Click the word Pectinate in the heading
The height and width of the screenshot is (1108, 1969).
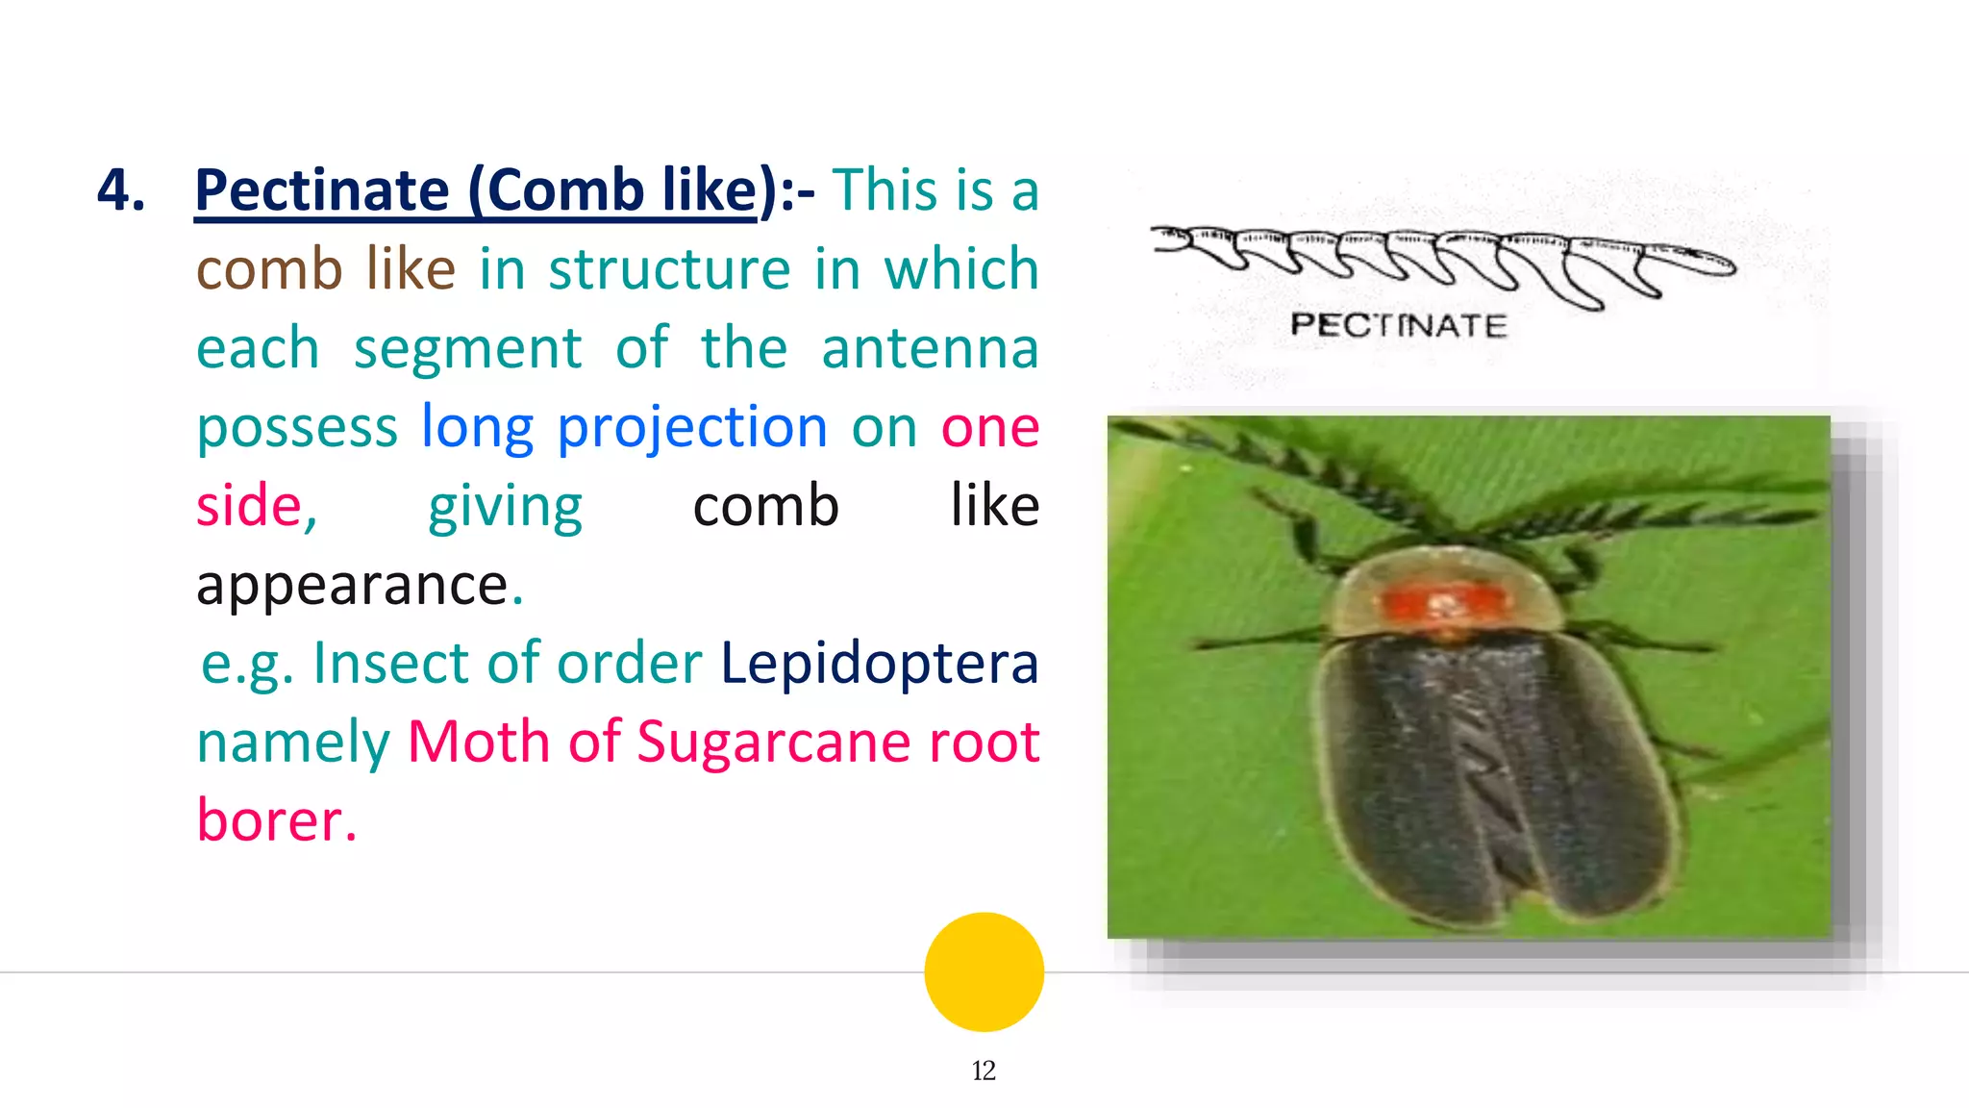[x=322, y=189]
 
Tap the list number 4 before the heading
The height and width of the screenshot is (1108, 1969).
[x=121, y=189]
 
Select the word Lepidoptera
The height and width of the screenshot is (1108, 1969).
[x=879, y=664]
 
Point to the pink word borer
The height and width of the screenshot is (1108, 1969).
[x=276, y=820]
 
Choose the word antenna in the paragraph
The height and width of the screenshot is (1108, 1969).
[x=930, y=348]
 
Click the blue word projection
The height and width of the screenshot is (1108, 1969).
[x=692, y=427]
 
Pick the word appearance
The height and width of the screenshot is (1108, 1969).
[x=352, y=585]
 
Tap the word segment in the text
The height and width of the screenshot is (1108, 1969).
[x=467, y=348]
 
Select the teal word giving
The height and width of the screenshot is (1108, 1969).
[x=505, y=506]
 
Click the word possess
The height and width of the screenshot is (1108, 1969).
[x=297, y=427]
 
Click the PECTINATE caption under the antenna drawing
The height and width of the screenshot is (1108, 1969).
[x=1399, y=325]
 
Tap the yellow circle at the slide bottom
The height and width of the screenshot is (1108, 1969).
[x=984, y=971]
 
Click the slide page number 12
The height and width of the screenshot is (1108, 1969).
[x=984, y=1070]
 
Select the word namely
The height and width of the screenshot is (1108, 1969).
[x=293, y=743]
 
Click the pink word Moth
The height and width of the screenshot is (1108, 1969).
[x=478, y=743]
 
